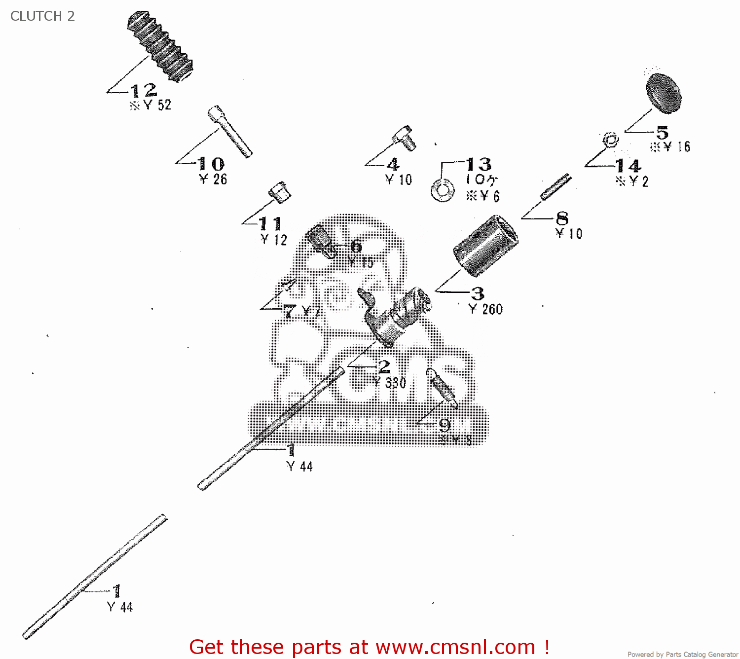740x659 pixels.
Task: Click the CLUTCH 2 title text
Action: click(42, 16)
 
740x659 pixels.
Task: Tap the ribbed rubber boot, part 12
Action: click(160, 46)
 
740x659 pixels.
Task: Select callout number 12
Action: click(144, 90)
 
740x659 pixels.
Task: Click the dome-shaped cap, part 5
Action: click(664, 93)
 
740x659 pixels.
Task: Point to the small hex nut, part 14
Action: click(611, 140)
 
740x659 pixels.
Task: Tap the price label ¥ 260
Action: click(486, 309)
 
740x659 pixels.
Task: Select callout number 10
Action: click(211, 164)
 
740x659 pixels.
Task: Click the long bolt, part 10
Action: click(229, 132)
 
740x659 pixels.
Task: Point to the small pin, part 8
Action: click(556, 187)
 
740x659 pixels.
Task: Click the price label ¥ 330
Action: click(390, 383)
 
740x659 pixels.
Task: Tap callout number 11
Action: click(270, 224)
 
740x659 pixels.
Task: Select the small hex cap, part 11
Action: click(280, 191)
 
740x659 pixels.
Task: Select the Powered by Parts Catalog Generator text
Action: click(682, 654)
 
